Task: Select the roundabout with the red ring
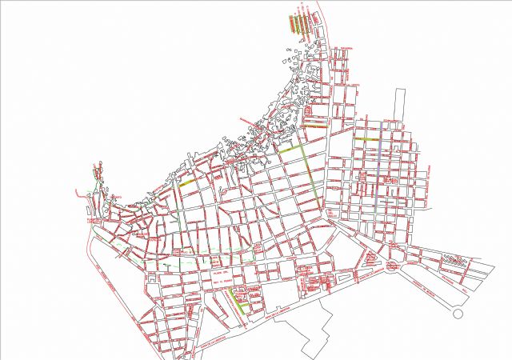click(394, 266)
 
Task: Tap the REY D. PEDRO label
click(222, 282)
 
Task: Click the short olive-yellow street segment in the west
click(186, 183)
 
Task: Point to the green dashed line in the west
click(184, 262)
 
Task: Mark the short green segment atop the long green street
click(290, 149)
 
